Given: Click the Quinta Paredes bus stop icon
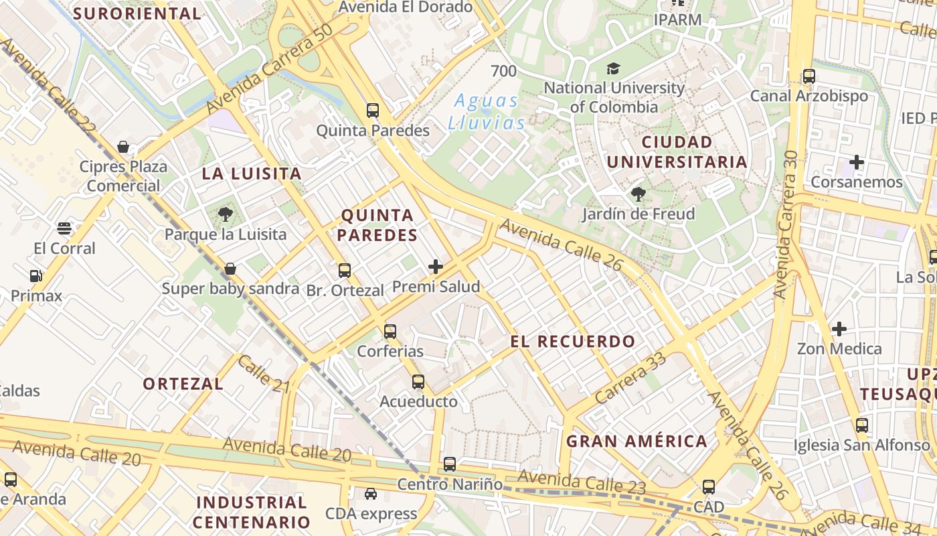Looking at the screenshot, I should pyautogui.click(x=373, y=111).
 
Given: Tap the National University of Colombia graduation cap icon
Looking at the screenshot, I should pyautogui.click(x=613, y=68).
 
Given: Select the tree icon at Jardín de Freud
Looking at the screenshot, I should pyautogui.click(x=638, y=194).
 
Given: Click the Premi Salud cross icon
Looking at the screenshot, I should pyautogui.click(x=436, y=267).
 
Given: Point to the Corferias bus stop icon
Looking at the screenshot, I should pyautogui.click(x=390, y=331).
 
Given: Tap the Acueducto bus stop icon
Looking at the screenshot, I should pyautogui.click(x=418, y=382).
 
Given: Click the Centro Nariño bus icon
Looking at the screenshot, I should pyautogui.click(x=450, y=464).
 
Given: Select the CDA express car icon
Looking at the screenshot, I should pyautogui.click(x=370, y=494).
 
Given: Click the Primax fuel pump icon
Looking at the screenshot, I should pyautogui.click(x=35, y=275).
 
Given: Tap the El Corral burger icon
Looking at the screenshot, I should pyautogui.click(x=64, y=228).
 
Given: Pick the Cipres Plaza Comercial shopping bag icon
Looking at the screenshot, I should pyautogui.click(x=123, y=147).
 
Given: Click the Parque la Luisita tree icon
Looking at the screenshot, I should pyautogui.click(x=225, y=214).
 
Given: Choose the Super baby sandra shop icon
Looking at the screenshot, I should pyautogui.click(x=230, y=269).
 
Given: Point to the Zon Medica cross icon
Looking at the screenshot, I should pyautogui.click(x=839, y=329).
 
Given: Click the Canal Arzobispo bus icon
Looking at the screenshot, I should pyautogui.click(x=809, y=76).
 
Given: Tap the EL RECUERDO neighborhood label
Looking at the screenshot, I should pyautogui.click(x=573, y=341).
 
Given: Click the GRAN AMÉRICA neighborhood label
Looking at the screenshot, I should pyautogui.click(x=636, y=441).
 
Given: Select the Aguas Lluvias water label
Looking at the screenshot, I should pyautogui.click(x=486, y=112).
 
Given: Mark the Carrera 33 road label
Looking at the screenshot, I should pyautogui.click(x=630, y=379).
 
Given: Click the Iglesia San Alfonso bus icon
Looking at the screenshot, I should pyautogui.click(x=862, y=425).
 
